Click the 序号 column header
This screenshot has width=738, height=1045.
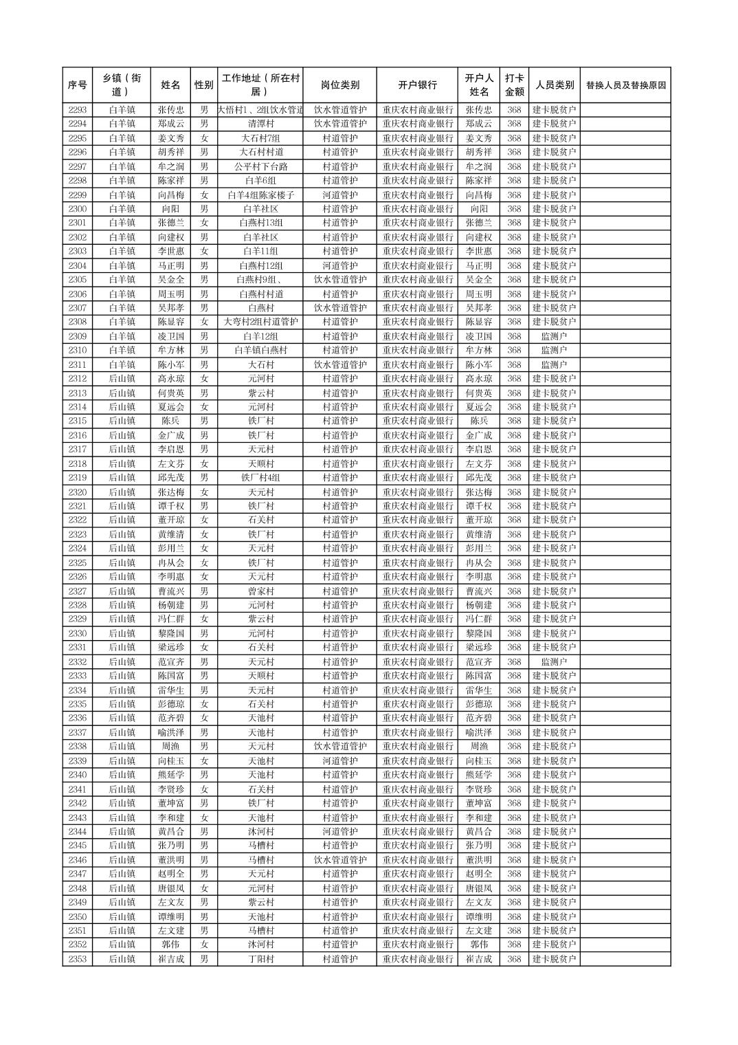[x=78, y=85]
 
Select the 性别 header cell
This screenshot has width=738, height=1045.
[x=203, y=85]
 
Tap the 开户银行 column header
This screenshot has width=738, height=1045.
[x=417, y=85]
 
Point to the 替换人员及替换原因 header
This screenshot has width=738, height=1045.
[x=625, y=86]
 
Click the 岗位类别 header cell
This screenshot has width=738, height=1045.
[x=339, y=85]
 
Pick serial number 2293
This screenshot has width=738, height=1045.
[x=78, y=110]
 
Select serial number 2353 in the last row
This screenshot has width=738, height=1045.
[x=78, y=959]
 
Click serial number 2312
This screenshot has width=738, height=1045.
[x=78, y=379]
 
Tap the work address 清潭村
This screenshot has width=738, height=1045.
[x=260, y=124]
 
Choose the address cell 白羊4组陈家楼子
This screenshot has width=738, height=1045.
[x=260, y=195]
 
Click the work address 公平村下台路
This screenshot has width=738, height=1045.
[x=260, y=166]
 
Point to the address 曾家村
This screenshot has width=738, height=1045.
[x=260, y=591]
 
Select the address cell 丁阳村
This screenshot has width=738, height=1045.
[x=260, y=959]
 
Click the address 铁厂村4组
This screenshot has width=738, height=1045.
[x=260, y=478]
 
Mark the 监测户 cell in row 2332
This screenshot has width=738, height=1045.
[x=554, y=662]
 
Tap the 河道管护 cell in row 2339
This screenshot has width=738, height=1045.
[x=339, y=761]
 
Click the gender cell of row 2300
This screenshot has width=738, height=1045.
[x=203, y=209]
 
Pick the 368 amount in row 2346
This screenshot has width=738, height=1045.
[x=514, y=860]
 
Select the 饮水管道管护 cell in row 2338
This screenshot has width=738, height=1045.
[x=339, y=747]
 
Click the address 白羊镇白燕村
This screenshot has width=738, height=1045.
[x=260, y=351]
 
